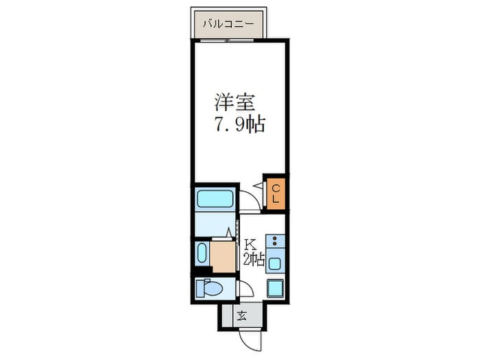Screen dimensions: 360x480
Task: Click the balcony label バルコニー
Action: coord(228,25)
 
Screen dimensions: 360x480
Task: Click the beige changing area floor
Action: coord(223,255)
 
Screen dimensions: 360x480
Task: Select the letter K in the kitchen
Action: coord(250,244)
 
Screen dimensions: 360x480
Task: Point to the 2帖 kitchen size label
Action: coord(253,259)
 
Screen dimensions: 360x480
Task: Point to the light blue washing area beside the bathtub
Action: coord(215,224)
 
